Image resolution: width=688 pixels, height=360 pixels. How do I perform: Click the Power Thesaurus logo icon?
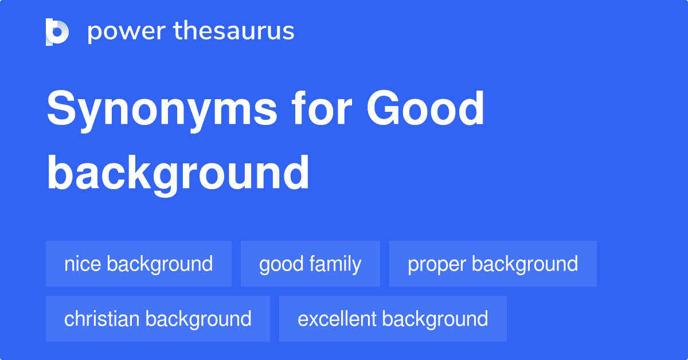point(57,32)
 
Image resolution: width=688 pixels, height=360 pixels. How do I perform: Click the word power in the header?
point(127,32)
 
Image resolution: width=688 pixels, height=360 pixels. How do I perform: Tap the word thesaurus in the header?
point(234,30)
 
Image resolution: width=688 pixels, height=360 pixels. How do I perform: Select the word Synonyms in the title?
point(162,111)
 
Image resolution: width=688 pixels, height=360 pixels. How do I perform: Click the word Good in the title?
point(425,108)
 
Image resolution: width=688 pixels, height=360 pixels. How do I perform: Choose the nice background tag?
point(139,264)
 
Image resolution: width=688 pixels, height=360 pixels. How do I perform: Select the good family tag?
point(310,264)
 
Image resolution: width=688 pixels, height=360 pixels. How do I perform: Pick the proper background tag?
point(493,264)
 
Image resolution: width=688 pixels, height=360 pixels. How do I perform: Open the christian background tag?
point(158,319)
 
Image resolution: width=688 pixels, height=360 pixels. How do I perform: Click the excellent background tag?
point(393,319)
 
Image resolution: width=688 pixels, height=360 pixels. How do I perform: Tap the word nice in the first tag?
point(83,264)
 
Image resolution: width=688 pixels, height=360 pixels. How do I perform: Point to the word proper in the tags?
point(436,265)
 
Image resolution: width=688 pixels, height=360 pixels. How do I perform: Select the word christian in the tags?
point(102,319)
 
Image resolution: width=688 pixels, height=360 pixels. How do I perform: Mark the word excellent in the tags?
point(337,319)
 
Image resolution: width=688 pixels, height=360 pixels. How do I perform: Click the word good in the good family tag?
point(282,265)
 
